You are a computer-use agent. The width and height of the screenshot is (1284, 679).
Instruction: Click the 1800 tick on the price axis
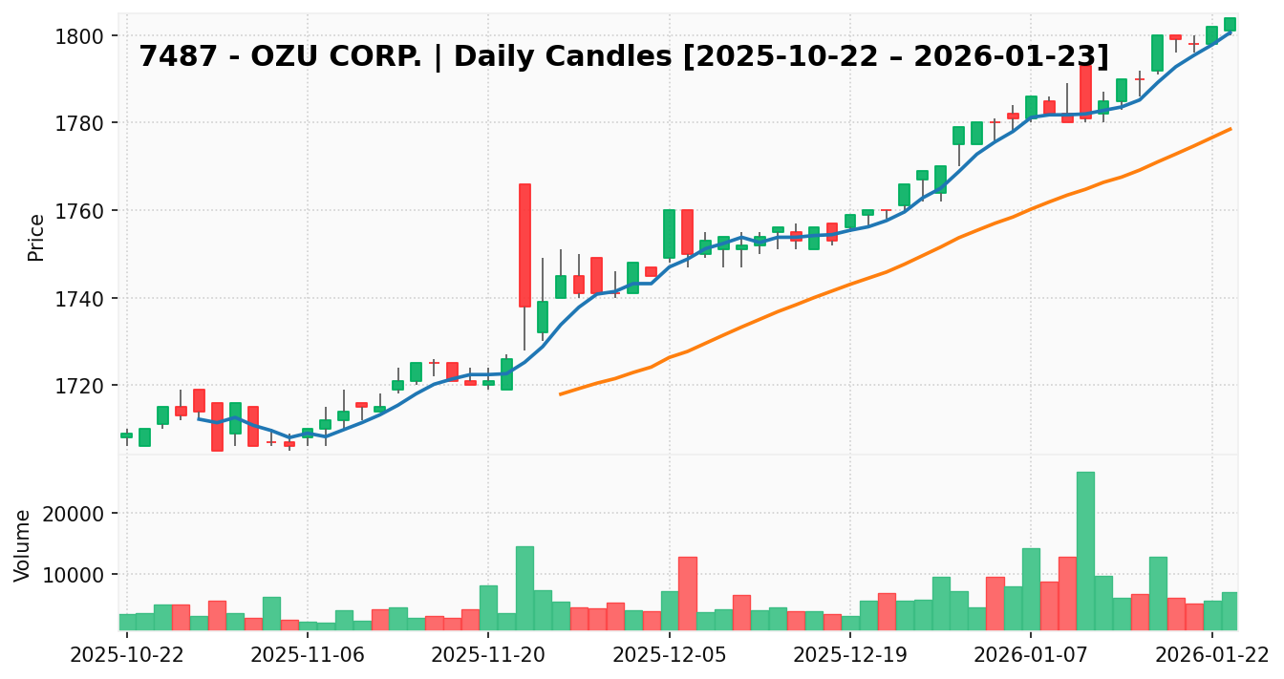83,36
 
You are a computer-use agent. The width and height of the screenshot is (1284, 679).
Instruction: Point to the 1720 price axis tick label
83,386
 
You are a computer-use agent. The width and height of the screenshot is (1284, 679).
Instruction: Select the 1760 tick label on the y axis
83,211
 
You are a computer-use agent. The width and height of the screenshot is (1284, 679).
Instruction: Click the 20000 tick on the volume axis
76,514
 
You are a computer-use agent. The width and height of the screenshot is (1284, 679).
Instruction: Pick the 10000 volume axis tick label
76,575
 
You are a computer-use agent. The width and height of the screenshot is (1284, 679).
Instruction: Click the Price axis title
36,237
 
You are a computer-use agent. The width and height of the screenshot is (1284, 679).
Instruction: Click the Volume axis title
23,544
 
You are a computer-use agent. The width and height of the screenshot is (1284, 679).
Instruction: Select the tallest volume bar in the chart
1085,550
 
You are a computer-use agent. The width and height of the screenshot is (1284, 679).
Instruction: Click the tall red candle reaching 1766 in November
524,244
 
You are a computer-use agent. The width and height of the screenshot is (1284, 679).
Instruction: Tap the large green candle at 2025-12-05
669,234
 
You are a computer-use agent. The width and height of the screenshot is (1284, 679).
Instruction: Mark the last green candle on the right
1230,24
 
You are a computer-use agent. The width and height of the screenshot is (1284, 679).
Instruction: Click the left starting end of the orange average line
561,393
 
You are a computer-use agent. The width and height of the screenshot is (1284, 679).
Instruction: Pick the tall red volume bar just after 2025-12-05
687,593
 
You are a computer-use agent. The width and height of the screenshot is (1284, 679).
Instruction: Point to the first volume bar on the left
127,622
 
